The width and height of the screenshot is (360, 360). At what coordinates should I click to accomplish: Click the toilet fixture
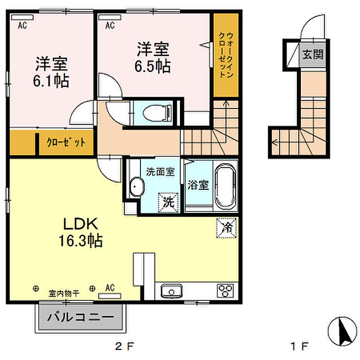point(157,113)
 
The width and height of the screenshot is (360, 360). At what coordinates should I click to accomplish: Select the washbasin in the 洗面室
point(136,187)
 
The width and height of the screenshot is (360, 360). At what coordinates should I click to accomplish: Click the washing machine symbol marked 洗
point(168,202)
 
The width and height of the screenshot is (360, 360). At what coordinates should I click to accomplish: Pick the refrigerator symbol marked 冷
point(226,227)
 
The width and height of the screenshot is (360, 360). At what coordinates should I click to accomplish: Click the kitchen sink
point(171,291)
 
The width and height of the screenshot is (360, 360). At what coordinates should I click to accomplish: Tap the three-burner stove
point(225,291)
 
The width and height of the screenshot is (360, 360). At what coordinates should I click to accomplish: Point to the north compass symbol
point(342,331)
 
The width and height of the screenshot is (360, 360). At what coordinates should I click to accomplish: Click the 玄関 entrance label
point(313,55)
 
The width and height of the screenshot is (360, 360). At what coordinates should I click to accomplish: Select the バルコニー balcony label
point(81,317)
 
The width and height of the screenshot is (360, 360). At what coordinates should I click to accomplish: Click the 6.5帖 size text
point(152,66)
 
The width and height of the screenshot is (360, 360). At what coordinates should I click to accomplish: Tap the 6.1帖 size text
point(51,81)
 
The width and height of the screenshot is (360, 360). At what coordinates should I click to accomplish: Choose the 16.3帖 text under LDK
point(81,240)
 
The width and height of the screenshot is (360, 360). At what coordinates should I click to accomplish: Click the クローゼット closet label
point(66,142)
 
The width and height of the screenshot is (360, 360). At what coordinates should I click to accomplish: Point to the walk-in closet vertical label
point(226,55)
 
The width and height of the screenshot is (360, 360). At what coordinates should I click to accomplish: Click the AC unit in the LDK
point(110,296)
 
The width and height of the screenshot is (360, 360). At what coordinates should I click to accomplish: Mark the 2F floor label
point(124,346)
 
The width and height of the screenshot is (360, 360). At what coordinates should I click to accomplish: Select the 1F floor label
point(300,346)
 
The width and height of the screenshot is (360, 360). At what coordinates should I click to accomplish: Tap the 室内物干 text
point(64,293)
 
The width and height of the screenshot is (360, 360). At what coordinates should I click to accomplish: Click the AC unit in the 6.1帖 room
point(23,17)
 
